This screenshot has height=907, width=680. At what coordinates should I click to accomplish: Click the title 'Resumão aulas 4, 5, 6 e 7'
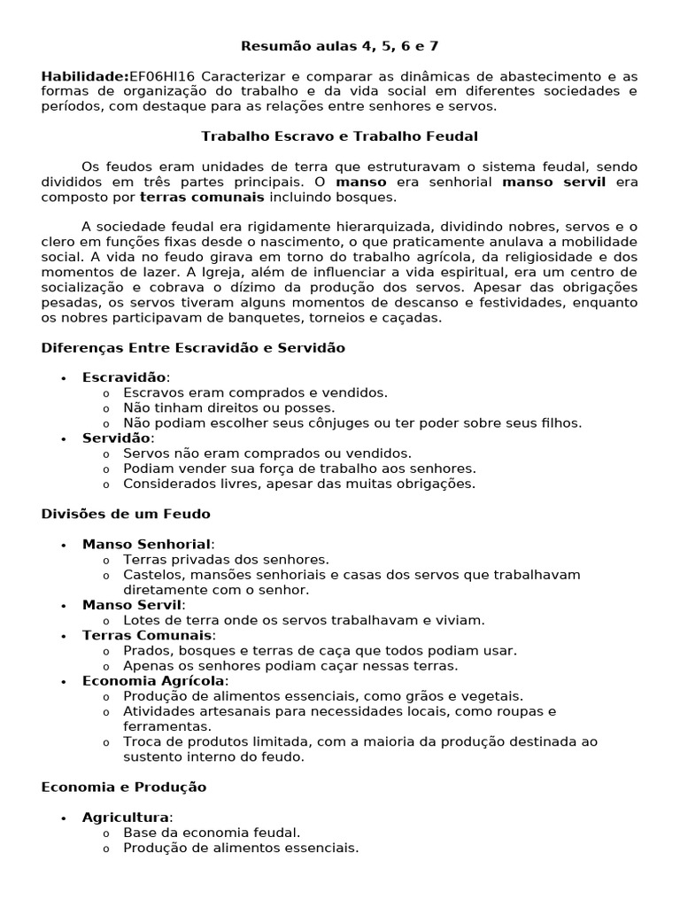[339, 46]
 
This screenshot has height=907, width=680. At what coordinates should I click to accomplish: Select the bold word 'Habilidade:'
[85, 76]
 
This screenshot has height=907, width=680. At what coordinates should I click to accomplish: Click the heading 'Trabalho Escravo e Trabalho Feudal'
[339, 136]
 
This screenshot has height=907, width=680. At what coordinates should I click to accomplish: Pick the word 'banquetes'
[210, 317]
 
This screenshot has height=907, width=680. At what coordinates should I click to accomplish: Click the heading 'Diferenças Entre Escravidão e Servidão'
[193, 348]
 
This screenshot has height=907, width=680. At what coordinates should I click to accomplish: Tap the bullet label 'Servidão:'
[118, 438]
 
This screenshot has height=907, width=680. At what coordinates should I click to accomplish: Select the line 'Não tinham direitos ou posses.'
[229, 408]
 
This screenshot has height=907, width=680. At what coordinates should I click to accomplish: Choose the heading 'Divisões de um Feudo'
[126, 514]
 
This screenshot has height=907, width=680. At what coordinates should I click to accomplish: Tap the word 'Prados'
[144, 651]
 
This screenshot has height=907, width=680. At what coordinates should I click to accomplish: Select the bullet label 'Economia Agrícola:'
[155, 681]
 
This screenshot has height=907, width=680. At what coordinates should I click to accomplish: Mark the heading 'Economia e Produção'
[124, 787]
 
